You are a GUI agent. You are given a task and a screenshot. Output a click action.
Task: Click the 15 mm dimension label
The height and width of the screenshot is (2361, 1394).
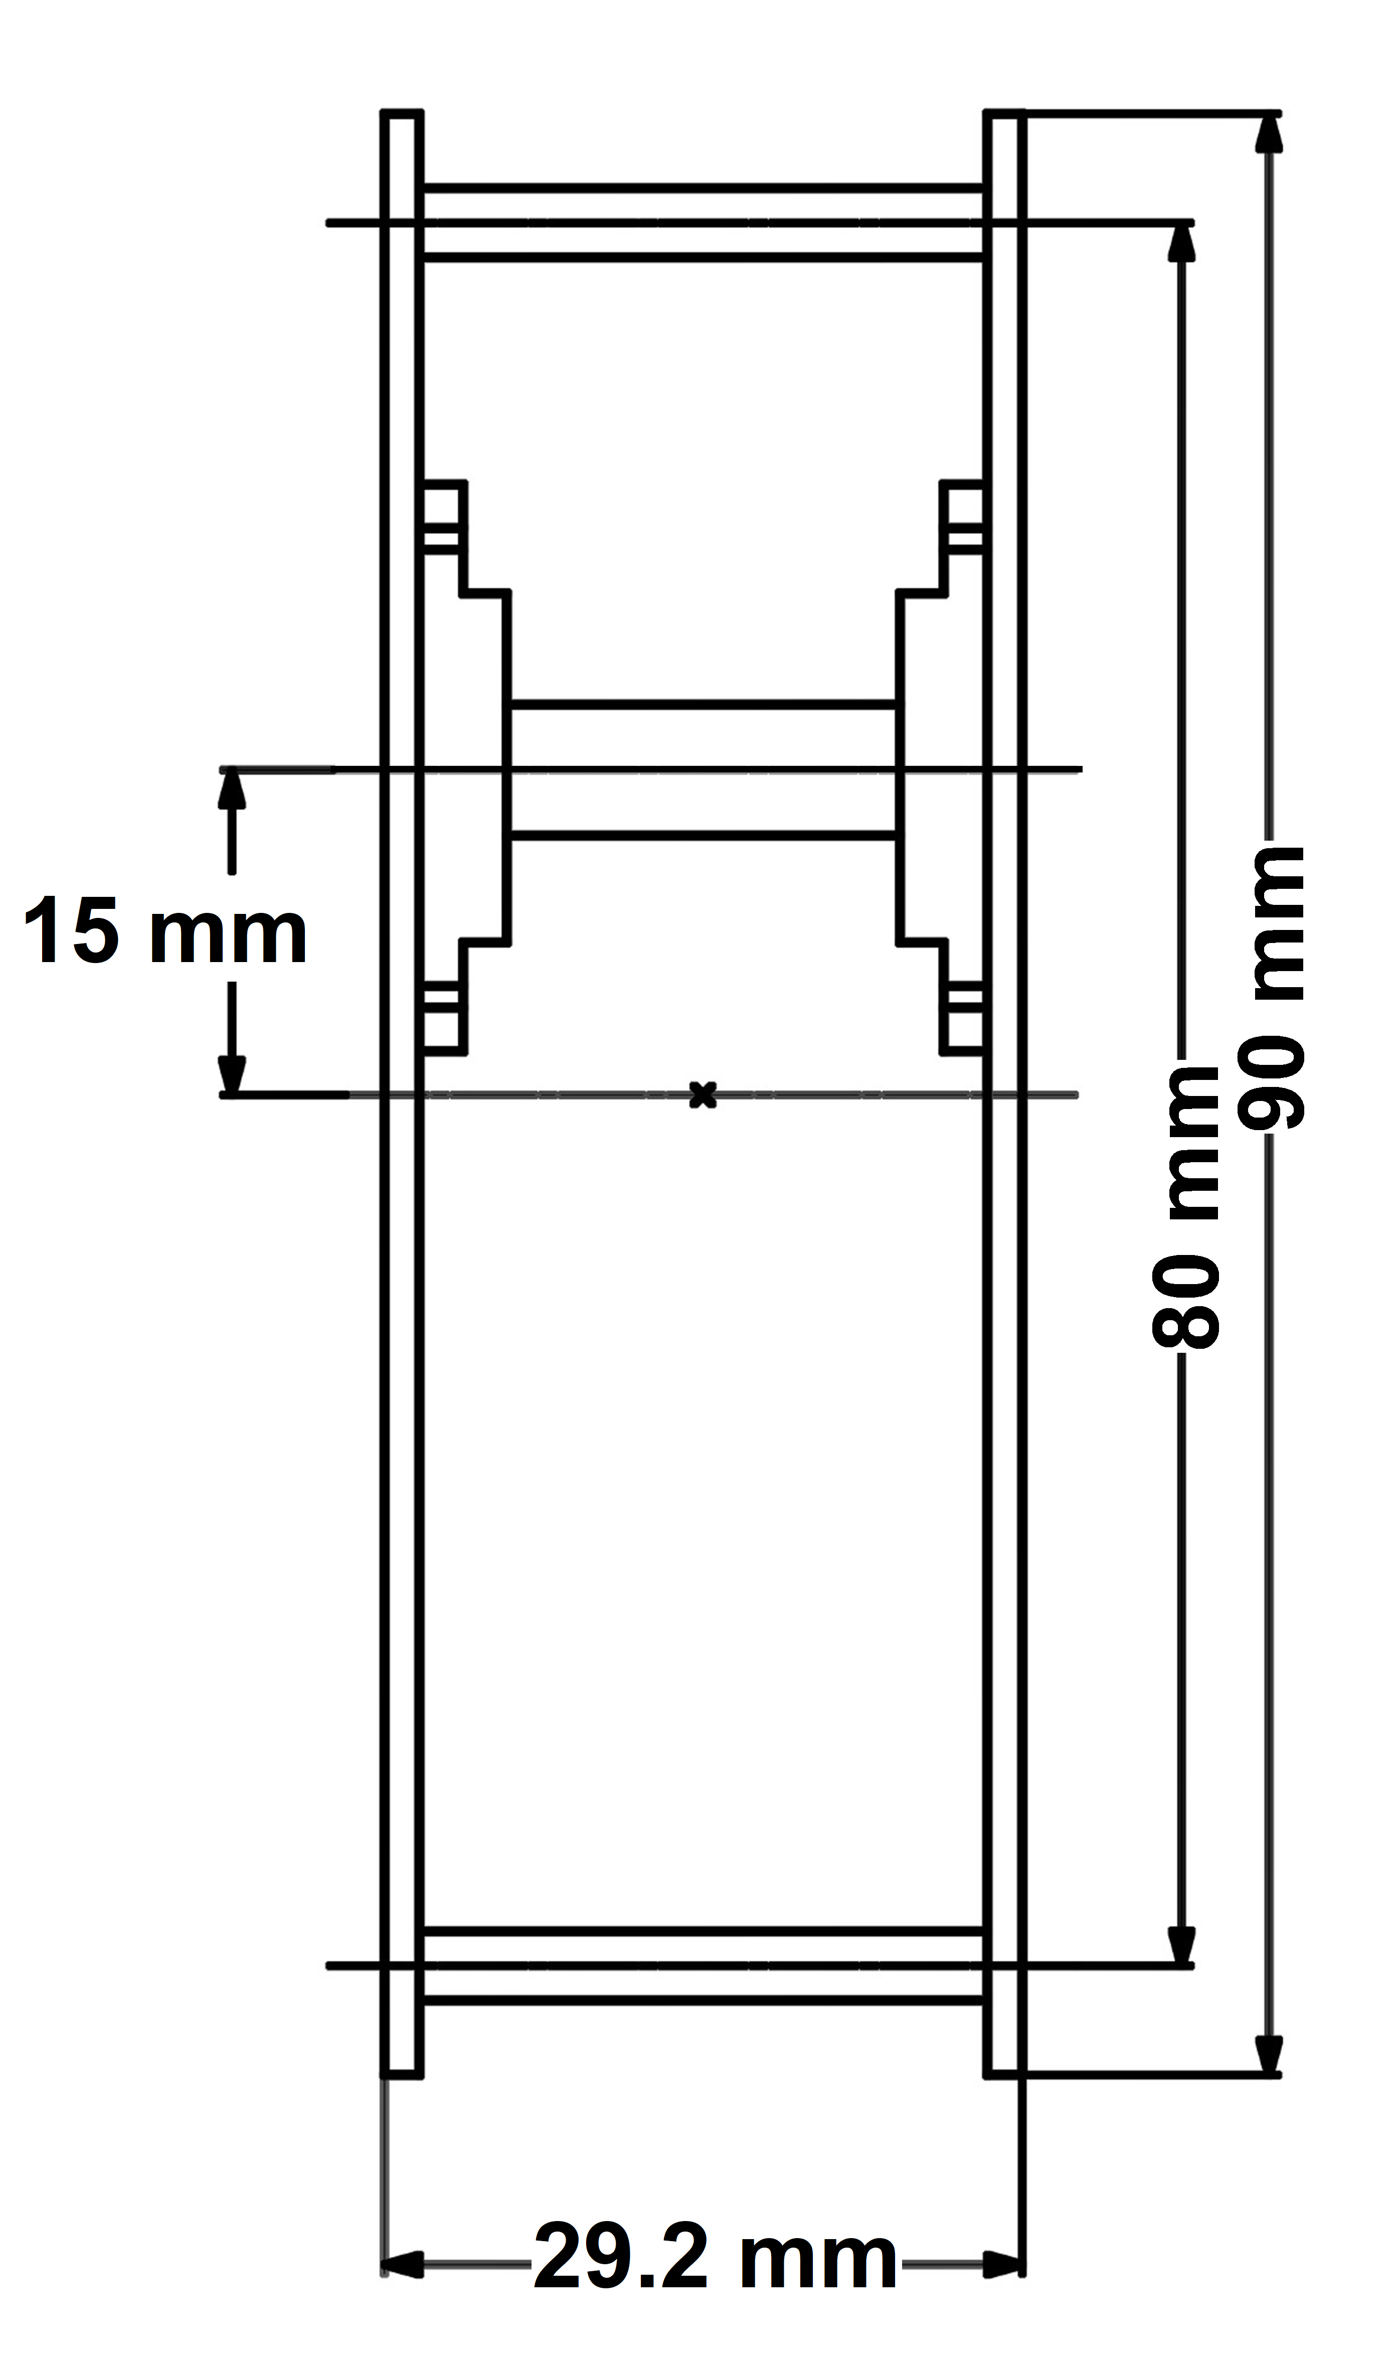tap(165, 933)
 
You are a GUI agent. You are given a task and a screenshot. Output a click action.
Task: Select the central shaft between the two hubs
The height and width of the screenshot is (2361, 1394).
tap(703, 768)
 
